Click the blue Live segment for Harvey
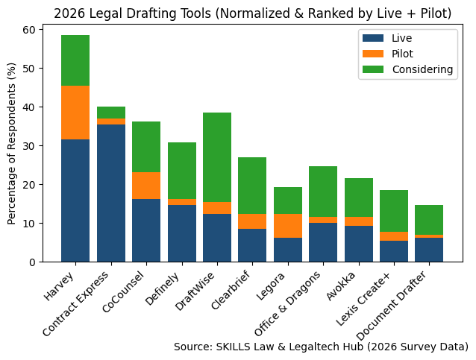click(75, 200)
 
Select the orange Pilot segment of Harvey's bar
click(75, 113)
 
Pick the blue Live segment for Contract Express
click(111, 193)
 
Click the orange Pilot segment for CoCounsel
click(146, 186)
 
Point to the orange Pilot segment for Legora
click(288, 226)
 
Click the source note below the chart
click(321, 347)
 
